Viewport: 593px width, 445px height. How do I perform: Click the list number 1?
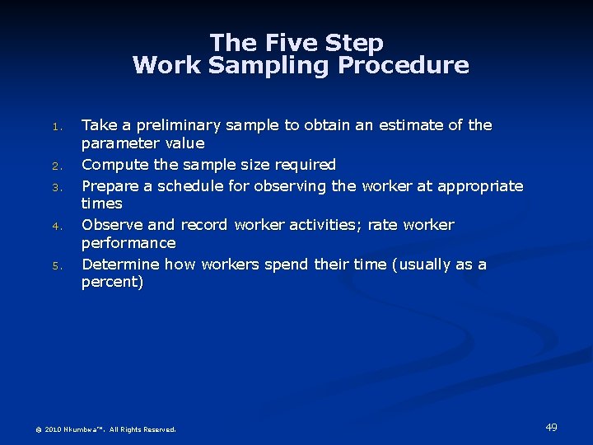coord(56,127)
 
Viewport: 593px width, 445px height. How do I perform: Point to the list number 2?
coord(56,166)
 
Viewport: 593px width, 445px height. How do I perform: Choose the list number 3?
coord(56,187)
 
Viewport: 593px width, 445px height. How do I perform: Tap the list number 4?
coord(56,226)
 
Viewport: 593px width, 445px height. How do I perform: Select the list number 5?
coord(56,265)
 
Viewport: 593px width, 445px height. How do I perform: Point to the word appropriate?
coord(479,185)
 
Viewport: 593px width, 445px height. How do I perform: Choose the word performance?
coord(128,243)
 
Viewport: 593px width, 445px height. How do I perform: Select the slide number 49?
coord(551,427)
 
